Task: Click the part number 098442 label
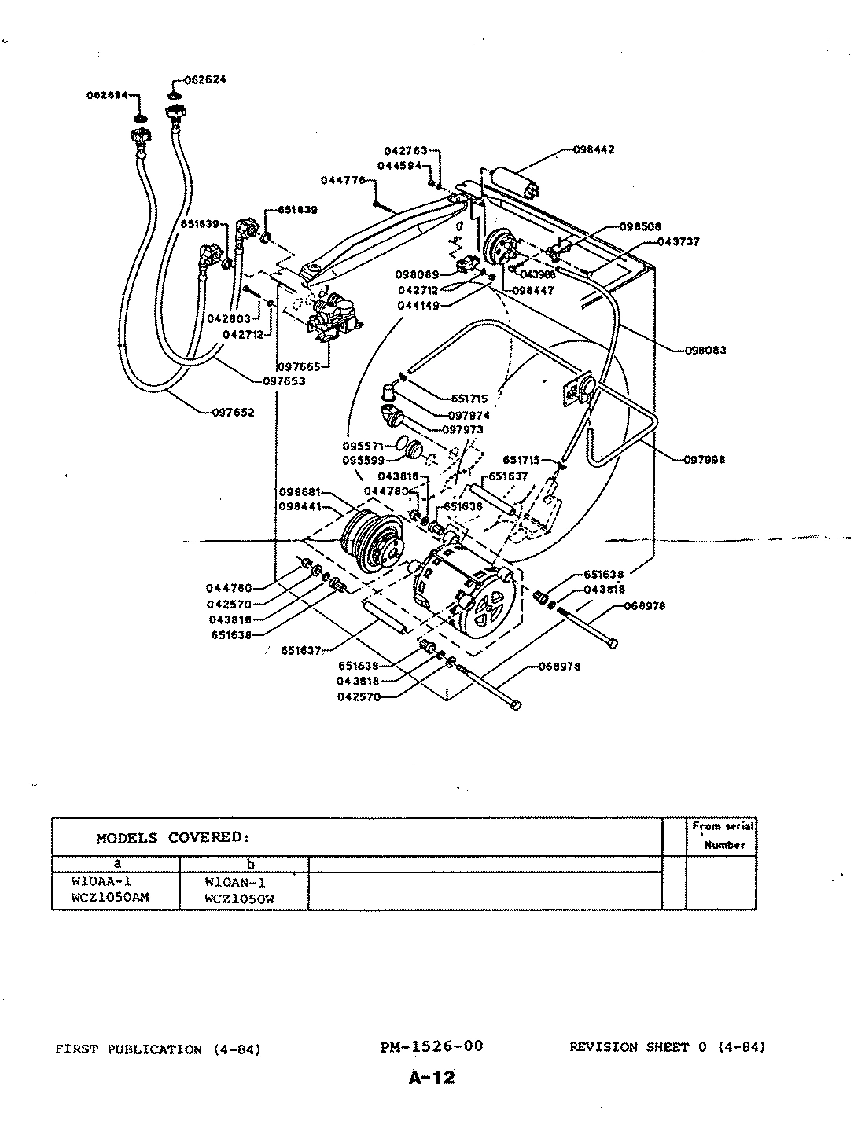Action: tap(594, 149)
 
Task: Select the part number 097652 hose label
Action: tap(233, 412)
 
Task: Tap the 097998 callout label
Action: tap(705, 459)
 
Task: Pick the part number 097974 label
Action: tap(469, 415)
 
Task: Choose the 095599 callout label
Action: tap(363, 460)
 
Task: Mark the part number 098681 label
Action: tap(300, 491)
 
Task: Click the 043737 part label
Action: tap(678, 241)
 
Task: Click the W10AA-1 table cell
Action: tap(101, 881)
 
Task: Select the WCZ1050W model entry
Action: tap(239, 899)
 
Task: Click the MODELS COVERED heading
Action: tap(173, 838)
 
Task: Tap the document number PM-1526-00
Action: tap(431, 1046)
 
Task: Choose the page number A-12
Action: tap(432, 1078)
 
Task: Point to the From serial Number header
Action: tap(723, 836)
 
